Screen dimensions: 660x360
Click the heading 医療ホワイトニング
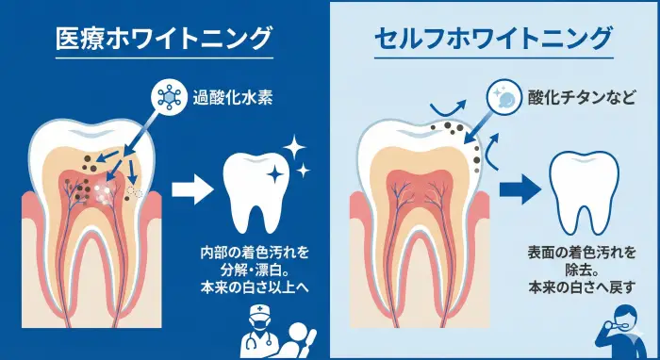[x=164, y=40]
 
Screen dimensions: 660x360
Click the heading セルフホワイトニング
[x=494, y=40]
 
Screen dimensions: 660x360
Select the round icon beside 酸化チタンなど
[x=504, y=98]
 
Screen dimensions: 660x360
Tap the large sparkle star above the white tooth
[x=293, y=149]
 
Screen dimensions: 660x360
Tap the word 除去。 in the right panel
[x=582, y=270]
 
